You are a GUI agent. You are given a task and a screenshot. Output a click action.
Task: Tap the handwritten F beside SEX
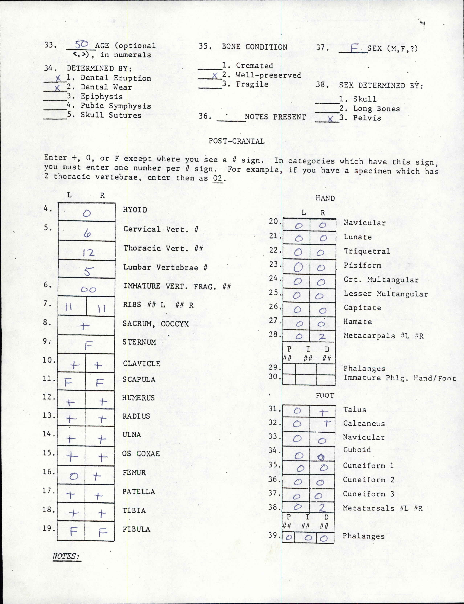[353, 49]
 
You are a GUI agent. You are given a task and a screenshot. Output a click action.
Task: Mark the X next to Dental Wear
[57, 88]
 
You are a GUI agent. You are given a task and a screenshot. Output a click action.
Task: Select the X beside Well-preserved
[215, 76]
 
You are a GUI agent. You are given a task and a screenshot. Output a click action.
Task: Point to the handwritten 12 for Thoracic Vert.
[88, 252]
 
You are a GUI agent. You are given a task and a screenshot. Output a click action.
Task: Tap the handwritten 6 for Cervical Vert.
[87, 234]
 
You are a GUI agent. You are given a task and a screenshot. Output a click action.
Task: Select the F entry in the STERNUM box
[88, 345]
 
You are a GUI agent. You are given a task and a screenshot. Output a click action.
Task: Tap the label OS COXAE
[141, 454]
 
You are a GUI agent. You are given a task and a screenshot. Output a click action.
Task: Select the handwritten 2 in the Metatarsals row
[322, 508]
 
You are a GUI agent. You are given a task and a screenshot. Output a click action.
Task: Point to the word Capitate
[362, 308]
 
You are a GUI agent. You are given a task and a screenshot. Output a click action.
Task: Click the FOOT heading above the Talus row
[325, 396]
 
